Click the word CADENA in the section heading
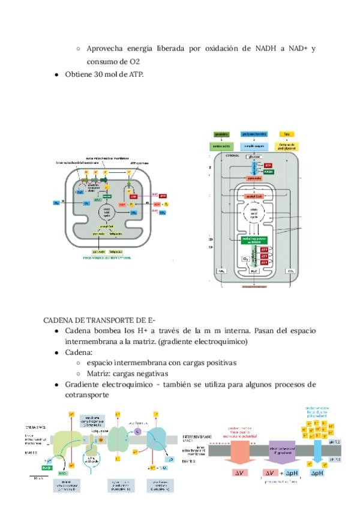(59, 320)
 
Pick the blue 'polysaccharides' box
(254, 134)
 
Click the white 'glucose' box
(254, 157)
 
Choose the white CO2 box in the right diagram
(291, 271)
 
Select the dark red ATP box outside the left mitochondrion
(163, 196)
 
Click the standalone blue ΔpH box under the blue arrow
(319, 473)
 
